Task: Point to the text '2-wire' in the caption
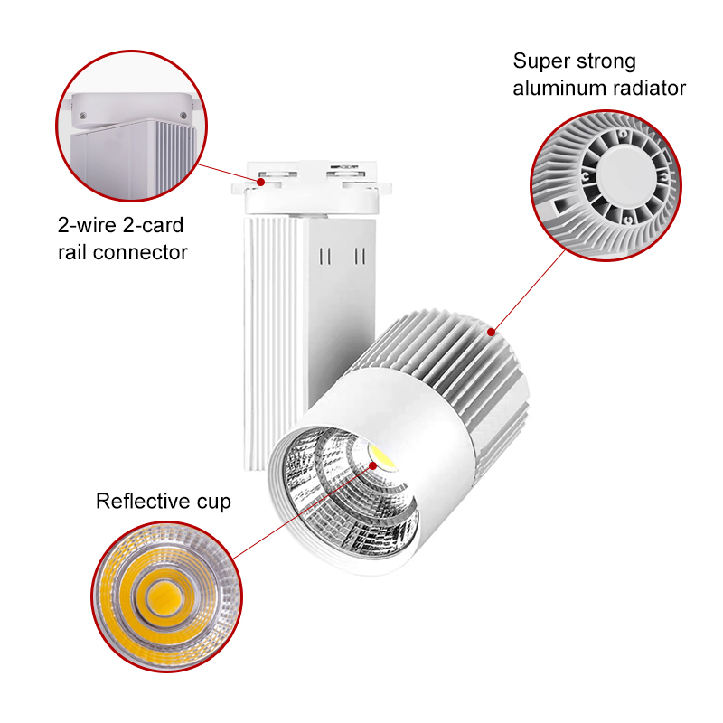pyautogui.click(x=87, y=225)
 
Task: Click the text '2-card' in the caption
pyautogui.click(x=153, y=225)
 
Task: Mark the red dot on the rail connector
pyautogui.click(x=261, y=183)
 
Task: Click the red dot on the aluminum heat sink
pyautogui.click(x=492, y=332)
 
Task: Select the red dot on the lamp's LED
pyautogui.click(x=373, y=466)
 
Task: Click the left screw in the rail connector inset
pyautogui.click(x=83, y=116)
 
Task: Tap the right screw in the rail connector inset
pyautogui.click(x=183, y=116)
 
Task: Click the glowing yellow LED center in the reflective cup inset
pyautogui.click(x=164, y=597)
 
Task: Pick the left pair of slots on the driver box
pyautogui.click(x=325, y=257)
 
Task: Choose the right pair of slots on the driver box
pyautogui.click(x=360, y=257)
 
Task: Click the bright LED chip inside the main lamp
pyautogui.click(x=381, y=457)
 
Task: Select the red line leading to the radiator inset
pyautogui.click(x=529, y=290)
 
